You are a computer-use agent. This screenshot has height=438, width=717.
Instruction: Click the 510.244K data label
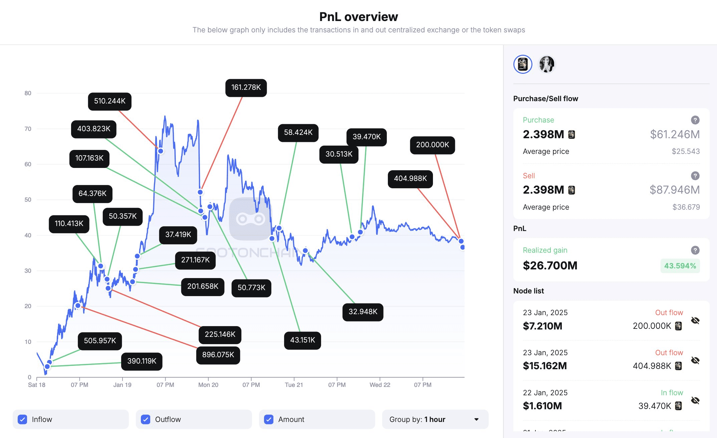[109, 101]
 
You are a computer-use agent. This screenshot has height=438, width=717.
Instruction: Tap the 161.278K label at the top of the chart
[246, 87]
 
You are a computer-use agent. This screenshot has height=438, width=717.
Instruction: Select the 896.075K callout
[218, 355]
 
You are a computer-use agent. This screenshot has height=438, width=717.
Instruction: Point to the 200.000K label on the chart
[432, 145]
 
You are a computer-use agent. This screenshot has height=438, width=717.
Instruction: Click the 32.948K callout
[363, 312]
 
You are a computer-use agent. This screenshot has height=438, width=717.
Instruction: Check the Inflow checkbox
[23, 419]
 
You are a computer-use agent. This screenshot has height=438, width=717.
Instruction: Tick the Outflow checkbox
[146, 419]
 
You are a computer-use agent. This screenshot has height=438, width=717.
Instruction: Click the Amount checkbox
[269, 419]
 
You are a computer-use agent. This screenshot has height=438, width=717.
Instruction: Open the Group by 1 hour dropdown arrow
[476, 419]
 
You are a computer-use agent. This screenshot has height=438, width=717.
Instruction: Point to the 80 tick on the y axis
[28, 93]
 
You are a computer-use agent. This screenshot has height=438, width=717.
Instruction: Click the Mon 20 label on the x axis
[208, 385]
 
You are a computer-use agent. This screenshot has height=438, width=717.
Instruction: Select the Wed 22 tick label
[380, 385]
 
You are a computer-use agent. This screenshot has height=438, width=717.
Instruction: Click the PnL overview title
[358, 17]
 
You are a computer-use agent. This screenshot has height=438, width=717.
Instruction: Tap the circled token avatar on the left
[523, 64]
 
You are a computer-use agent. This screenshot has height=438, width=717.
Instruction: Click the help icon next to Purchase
[695, 120]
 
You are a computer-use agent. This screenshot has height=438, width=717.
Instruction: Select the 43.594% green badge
[680, 266]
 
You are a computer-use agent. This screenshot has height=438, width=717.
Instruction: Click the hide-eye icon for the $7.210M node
[695, 320]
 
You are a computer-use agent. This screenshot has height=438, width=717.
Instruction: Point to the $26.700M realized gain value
[550, 266]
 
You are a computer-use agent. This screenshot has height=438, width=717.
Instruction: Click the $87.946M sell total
[674, 190]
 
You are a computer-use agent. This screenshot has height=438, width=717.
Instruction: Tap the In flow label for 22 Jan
[672, 393]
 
